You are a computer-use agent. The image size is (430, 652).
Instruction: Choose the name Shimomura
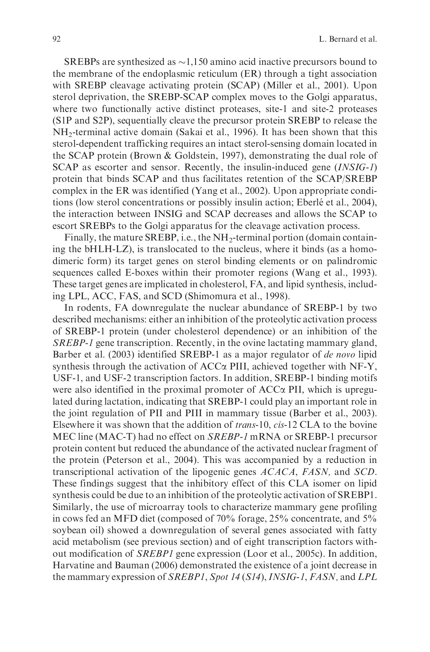[x=212, y=296]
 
